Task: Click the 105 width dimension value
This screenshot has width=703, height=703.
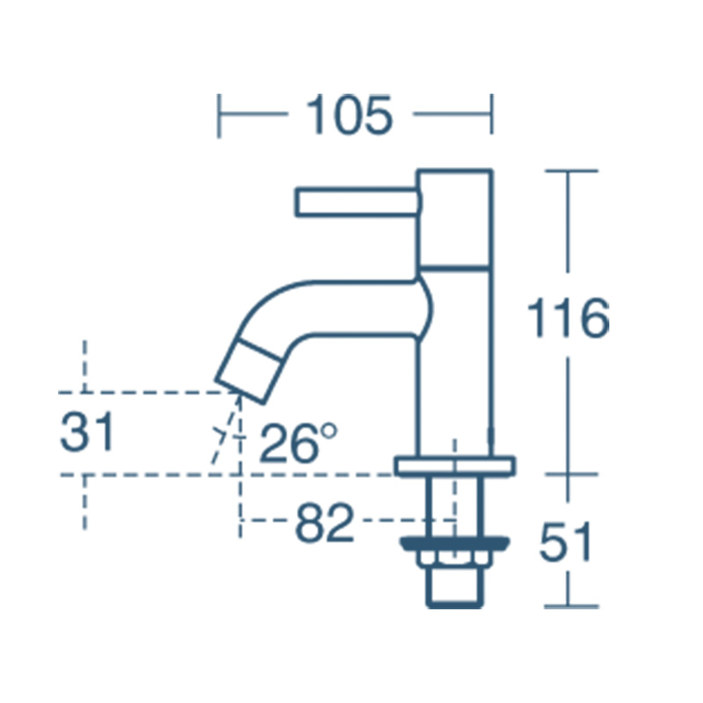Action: [349, 115]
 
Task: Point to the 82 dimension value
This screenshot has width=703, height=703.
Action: [324, 525]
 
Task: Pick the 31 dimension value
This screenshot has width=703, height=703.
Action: [87, 433]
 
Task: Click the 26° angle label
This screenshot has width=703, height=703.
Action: [299, 443]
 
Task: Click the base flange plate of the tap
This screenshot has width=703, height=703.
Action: [454, 466]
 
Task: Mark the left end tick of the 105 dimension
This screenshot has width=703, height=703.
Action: [220, 115]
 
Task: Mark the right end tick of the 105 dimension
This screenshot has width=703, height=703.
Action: [492, 115]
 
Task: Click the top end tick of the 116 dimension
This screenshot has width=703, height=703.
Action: [569, 170]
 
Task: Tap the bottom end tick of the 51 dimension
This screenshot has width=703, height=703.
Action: [569, 606]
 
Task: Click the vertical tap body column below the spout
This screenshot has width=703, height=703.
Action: [454, 387]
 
